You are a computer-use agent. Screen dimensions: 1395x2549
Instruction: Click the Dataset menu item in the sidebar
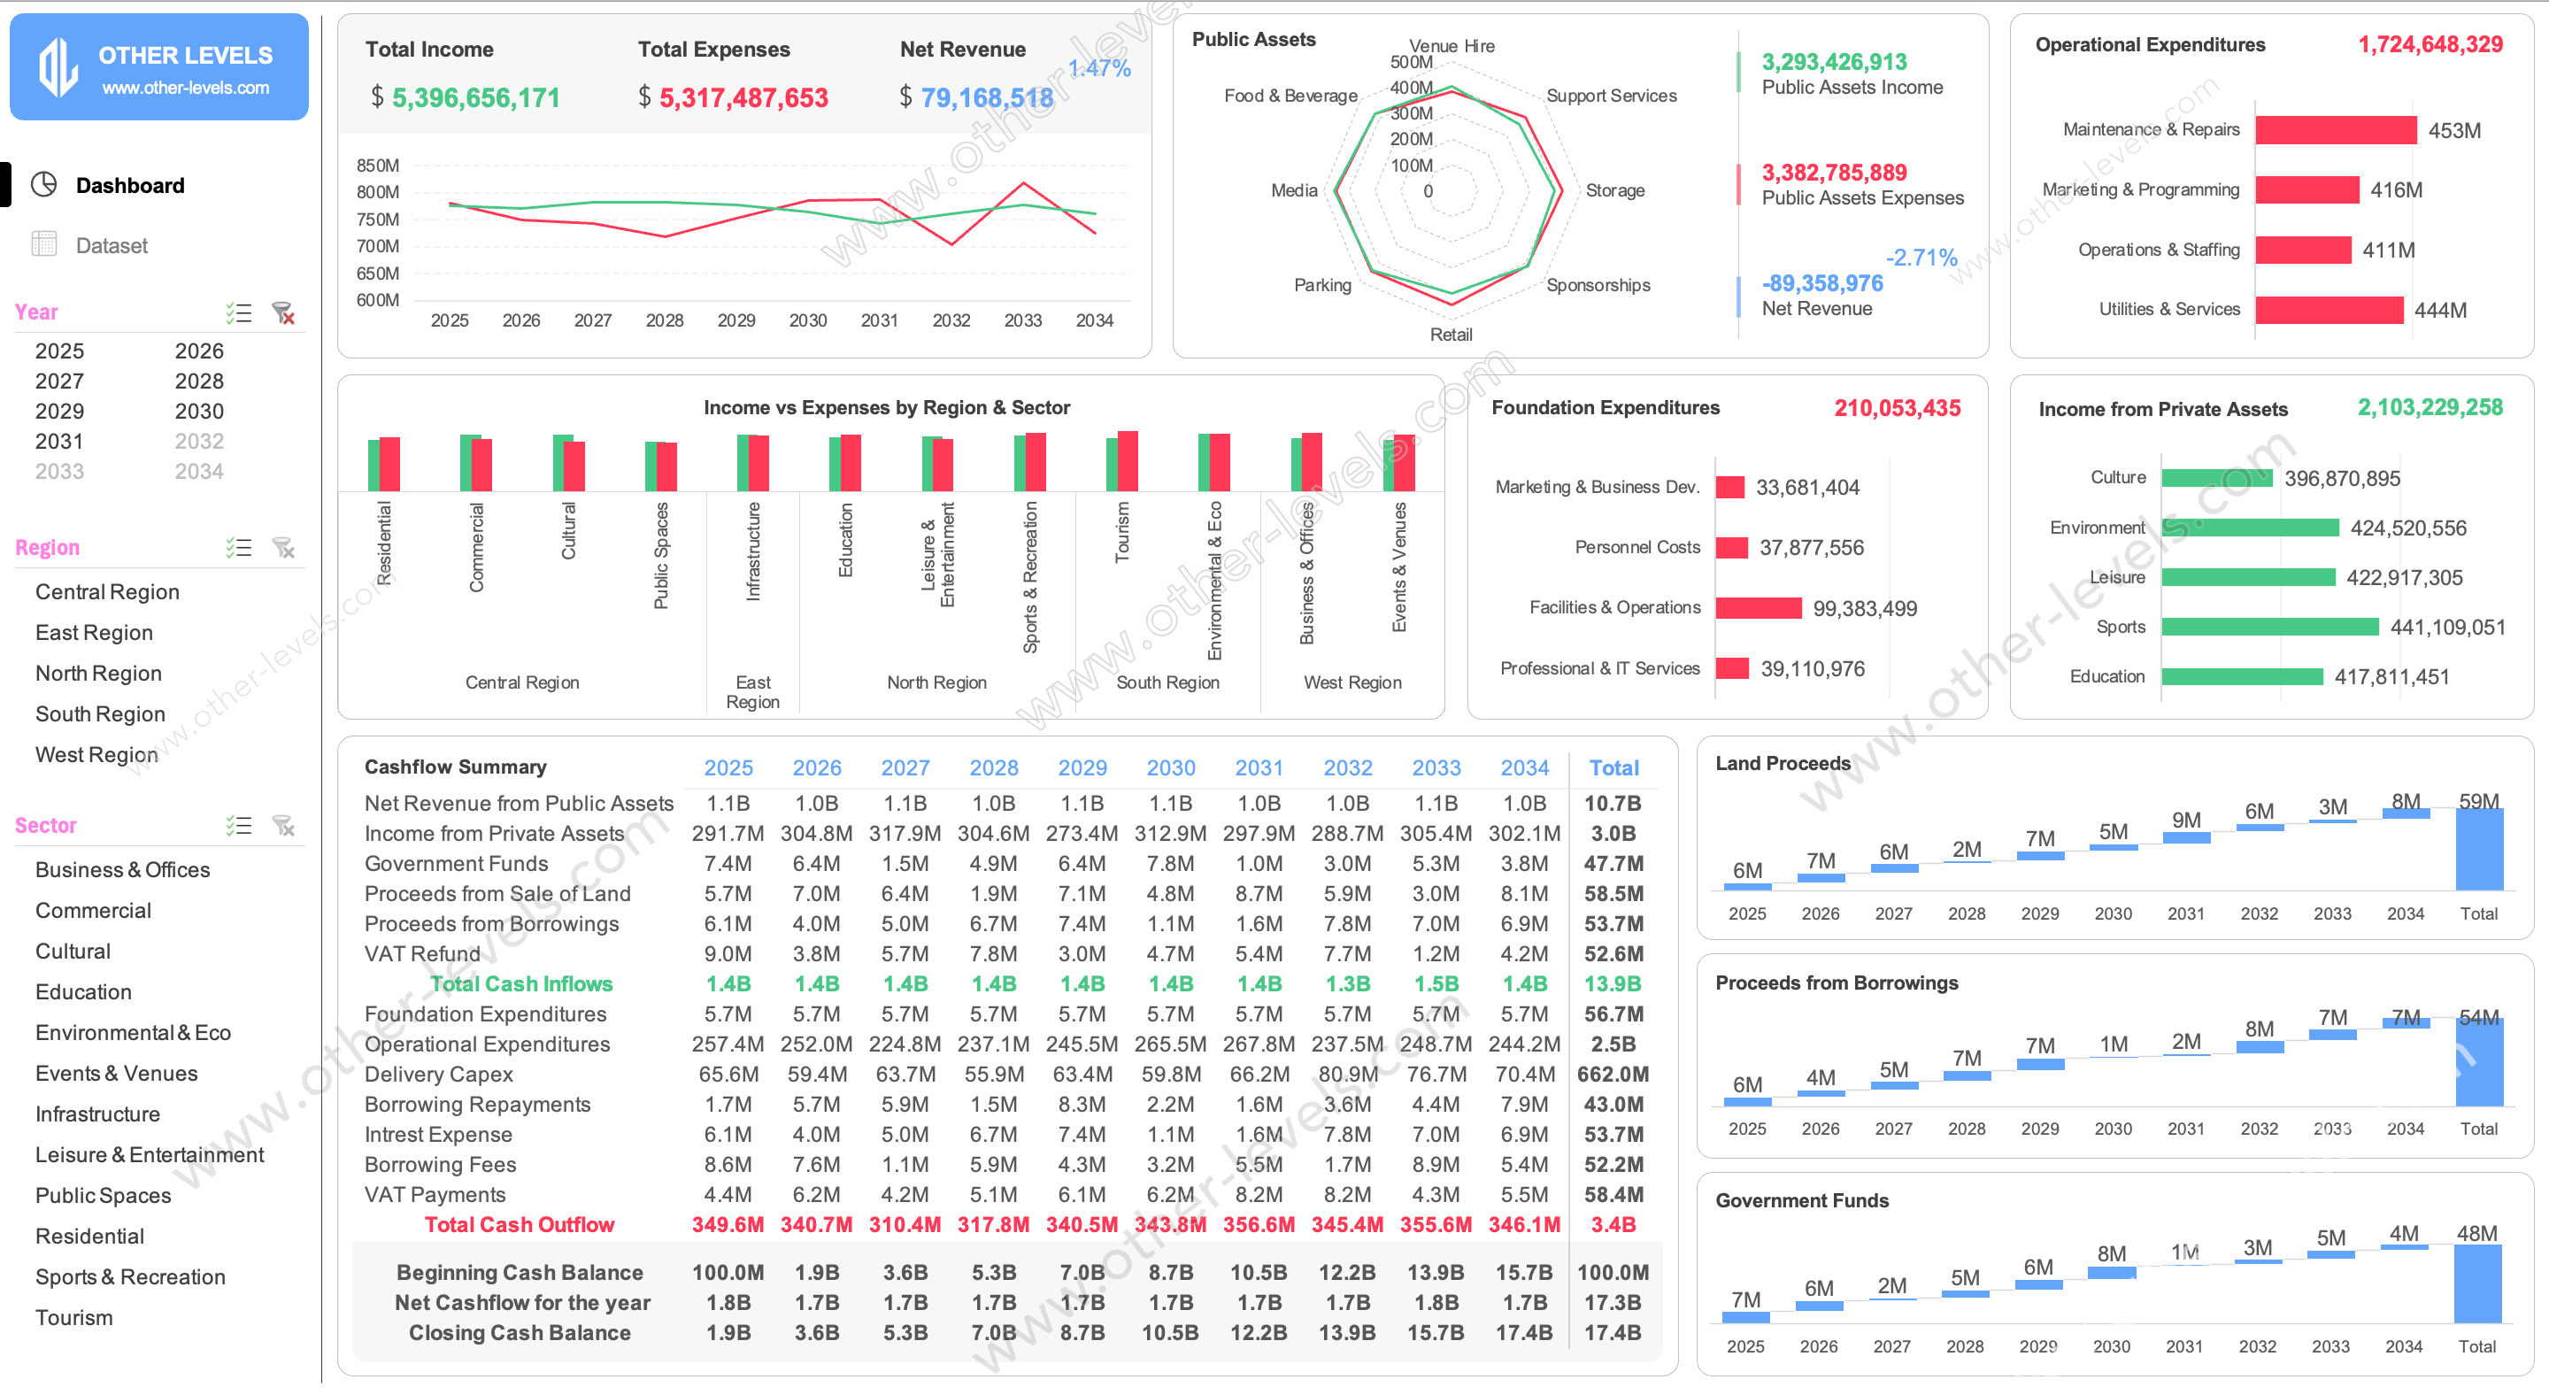(111, 245)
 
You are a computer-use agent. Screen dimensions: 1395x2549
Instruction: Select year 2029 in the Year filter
(59, 412)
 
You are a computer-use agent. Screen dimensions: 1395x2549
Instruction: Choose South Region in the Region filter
(100, 714)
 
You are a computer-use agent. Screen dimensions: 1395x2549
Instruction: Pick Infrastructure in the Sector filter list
(97, 1114)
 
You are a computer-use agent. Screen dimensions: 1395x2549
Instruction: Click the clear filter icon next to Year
(284, 313)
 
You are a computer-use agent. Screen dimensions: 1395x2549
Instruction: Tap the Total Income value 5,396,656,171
(475, 98)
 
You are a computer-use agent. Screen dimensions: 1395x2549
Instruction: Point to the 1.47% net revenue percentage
(1099, 68)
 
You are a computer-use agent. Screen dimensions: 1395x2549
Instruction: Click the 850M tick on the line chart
(378, 166)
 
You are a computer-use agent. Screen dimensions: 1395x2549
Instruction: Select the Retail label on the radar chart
(1451, 335)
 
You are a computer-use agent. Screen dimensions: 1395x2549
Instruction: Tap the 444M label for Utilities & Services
(2440, 311)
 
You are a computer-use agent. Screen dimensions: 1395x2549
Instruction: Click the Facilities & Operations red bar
(1759, 608)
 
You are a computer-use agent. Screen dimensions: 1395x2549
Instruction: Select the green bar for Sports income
(2270, 628)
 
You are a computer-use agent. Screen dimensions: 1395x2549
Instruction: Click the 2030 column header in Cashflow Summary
(1171, 767)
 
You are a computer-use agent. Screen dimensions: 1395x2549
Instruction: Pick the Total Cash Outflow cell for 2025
(728, 1225)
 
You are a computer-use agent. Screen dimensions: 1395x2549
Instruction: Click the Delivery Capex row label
(438, 1075)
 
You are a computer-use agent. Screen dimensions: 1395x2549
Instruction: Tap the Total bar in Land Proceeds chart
(2479, 851)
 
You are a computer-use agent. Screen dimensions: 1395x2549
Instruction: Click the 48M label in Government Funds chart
(2476, 1234)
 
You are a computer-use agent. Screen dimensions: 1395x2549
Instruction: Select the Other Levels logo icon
(58, 67)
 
